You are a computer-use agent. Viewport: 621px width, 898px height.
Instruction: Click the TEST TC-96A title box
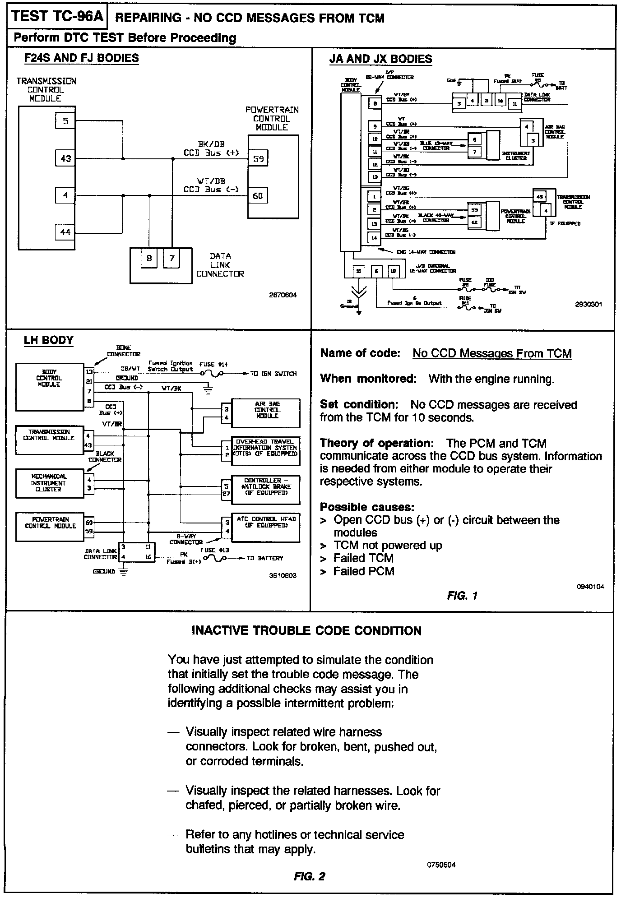(57, 17)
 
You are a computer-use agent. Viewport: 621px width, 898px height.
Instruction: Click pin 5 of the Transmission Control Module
(66, 121)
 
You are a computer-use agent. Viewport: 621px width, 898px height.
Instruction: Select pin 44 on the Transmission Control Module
(66, 232)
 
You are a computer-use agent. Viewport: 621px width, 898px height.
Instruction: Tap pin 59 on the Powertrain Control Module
(258, 159)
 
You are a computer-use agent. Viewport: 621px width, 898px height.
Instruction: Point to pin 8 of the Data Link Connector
(149, 259)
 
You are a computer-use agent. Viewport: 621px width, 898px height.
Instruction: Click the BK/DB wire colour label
(211, 144)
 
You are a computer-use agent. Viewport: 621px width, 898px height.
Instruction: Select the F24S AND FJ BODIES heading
(81, 58)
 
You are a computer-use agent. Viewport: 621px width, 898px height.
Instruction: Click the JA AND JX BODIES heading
(380, 59)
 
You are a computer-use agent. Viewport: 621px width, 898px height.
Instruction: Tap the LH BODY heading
(48, 340)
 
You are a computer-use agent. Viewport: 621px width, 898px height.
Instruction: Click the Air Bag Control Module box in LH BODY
(267, 412)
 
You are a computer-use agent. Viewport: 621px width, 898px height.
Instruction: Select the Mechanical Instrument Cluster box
(49, 483)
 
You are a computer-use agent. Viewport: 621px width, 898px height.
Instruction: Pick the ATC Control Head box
(266, 527)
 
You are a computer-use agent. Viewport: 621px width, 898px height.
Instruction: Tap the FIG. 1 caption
(462, 596)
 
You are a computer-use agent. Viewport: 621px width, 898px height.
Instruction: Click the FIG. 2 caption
(309, 876)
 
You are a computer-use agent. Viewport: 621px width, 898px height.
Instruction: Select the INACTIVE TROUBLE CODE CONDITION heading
(306, 630)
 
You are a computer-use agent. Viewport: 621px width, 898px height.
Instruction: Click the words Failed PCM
(364, 571)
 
